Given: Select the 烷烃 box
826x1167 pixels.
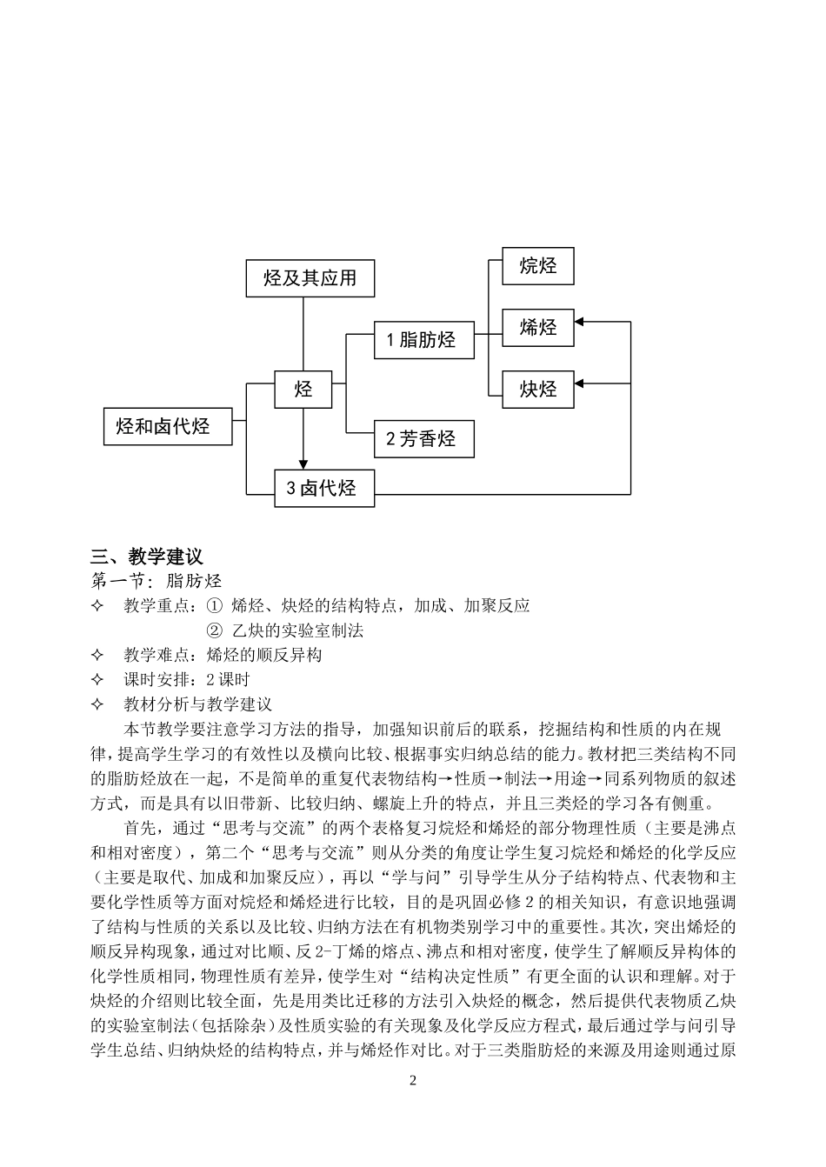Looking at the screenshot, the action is click(x=538, y=266).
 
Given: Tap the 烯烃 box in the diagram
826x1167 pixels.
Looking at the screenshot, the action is click(x=538, y=328).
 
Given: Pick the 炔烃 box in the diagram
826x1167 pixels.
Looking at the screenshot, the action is click(x=538, y=389).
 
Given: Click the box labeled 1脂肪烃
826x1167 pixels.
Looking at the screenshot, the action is click(x=423, y=339).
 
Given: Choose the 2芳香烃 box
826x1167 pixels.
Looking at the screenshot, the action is click(x=423, y=439).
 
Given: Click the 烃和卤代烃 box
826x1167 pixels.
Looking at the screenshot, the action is click(x=168, y=426).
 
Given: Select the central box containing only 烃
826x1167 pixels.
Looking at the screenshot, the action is click(x=303, y=389).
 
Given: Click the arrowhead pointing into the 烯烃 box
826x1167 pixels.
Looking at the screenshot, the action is click(x=581, y=322).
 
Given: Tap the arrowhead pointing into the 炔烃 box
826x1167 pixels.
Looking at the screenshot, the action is click(x=581, y=383).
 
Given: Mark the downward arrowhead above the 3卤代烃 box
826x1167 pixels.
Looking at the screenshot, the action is click(x=303, y=464).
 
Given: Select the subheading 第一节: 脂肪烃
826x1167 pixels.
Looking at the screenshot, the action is click(x=157, y=581).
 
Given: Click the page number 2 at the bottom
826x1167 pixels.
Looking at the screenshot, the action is click(x=413, y=1081).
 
